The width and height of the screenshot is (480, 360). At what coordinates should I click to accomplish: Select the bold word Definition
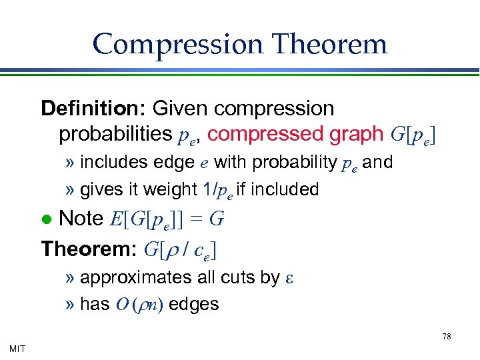click(93, 108)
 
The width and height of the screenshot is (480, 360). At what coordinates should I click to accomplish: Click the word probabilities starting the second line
click(115, 134)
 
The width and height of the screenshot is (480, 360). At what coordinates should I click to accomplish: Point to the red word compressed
click(267, 134)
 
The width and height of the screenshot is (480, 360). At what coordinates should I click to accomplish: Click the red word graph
click(354, 134)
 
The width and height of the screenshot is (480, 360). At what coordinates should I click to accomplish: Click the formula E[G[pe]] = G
click(166, 219)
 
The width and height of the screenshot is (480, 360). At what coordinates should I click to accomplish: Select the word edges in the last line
click(194, 304)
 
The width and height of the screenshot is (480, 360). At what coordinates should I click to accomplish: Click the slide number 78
click(447, 337)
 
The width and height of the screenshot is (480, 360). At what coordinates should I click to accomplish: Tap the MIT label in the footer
click(19, 348)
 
